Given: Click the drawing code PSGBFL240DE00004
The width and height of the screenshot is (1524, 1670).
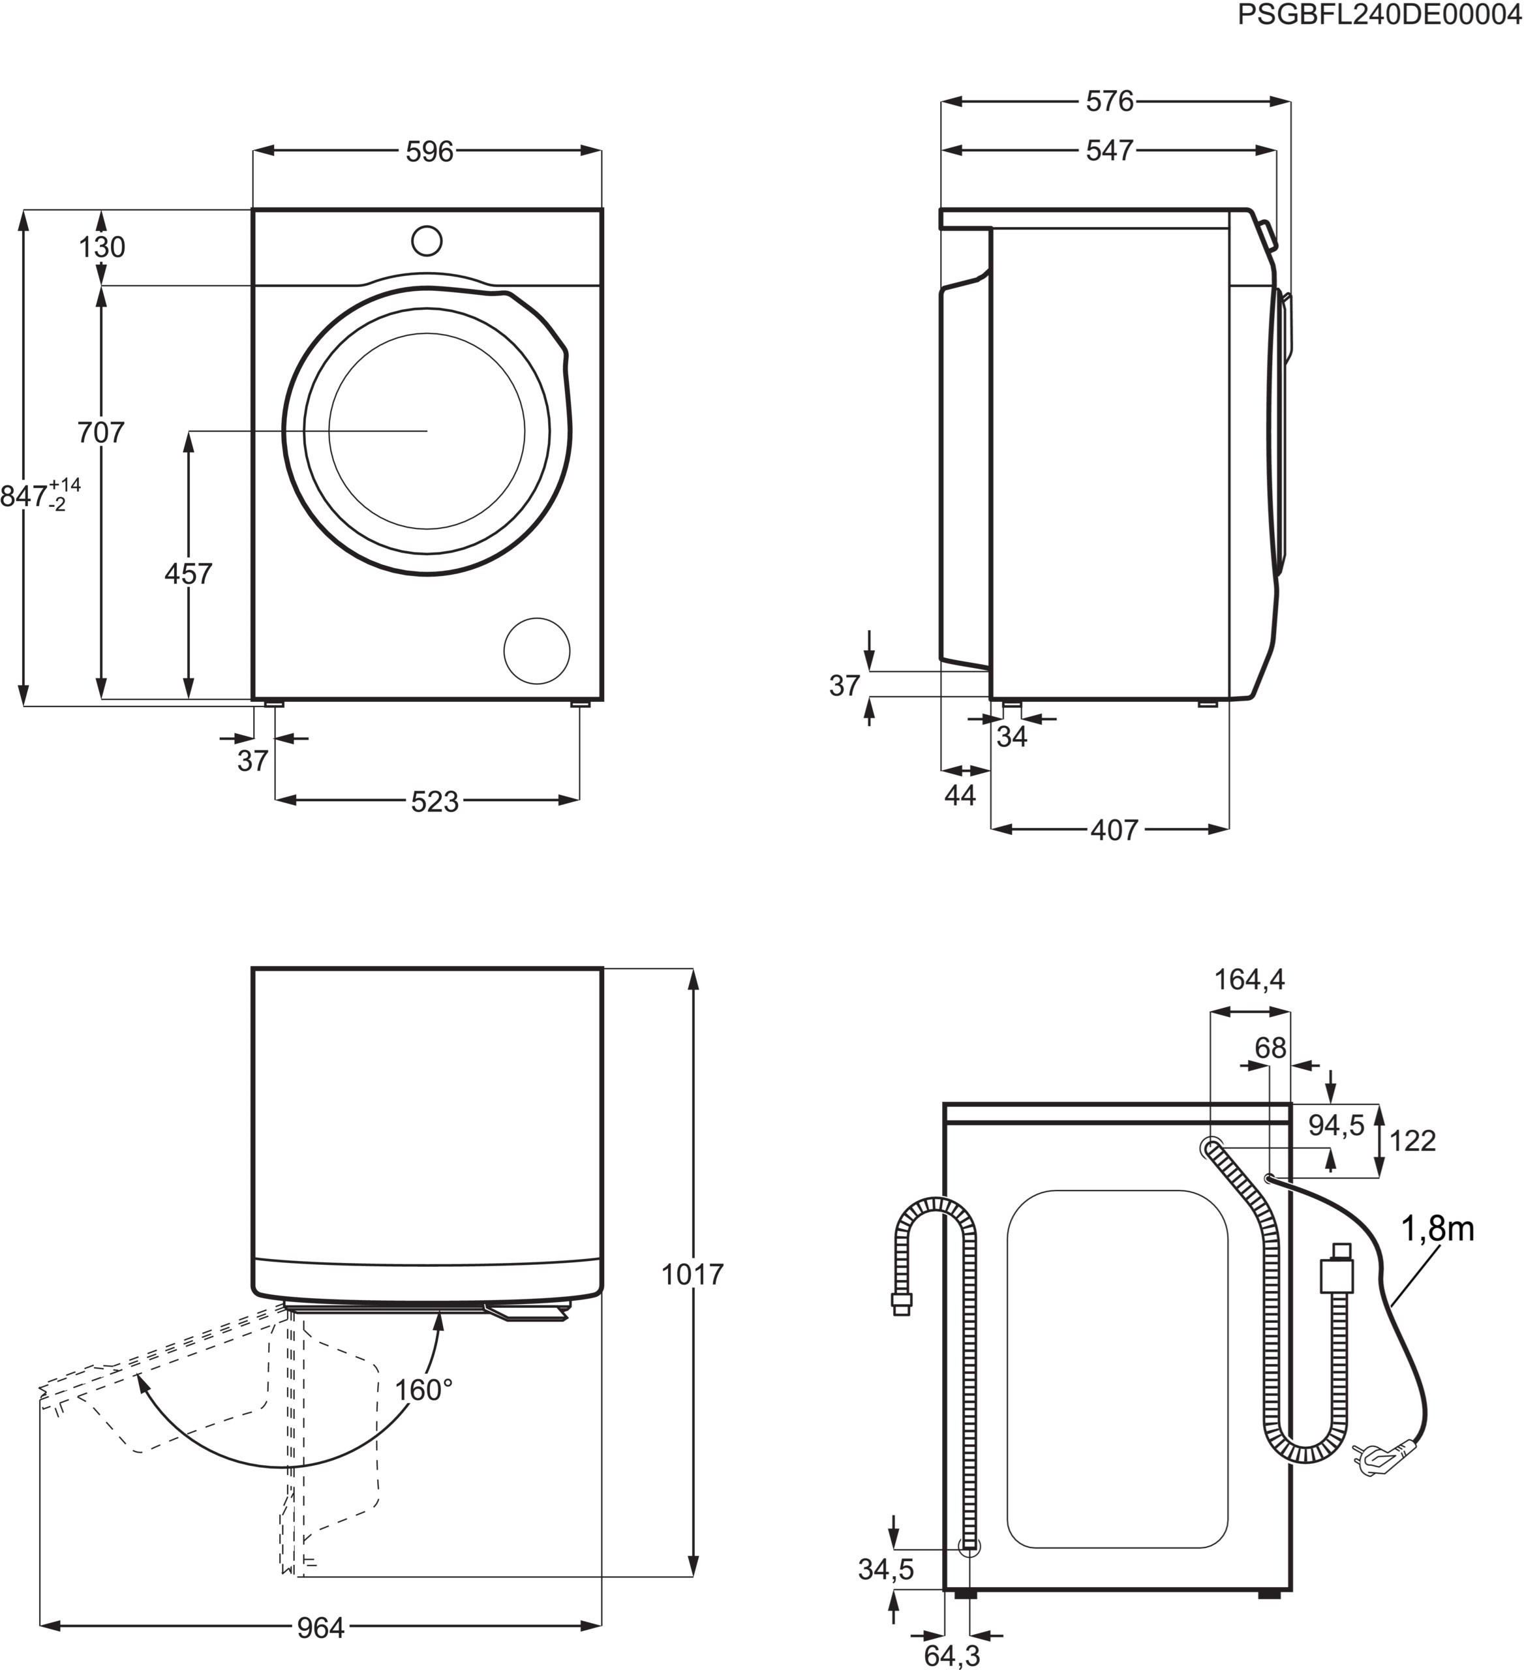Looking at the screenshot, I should [x=1379, y=16].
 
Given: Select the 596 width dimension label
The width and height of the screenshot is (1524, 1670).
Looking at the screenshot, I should [x=429, y=151].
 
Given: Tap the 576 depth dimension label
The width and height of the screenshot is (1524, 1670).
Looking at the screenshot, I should [x=1109, y=101].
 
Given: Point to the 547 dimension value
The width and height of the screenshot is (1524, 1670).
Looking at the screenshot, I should [x=1109, y=150].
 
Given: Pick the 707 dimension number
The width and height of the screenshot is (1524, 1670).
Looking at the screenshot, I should [x=100, y=433].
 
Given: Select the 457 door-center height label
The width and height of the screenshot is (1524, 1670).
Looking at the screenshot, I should [x=188, y=573].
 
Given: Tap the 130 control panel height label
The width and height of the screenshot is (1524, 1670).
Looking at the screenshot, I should [x=102, y=247].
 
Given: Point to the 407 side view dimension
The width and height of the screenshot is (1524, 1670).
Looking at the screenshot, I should [x=1114, y=829].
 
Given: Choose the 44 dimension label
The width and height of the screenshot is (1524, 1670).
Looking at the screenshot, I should [x=960, y=795].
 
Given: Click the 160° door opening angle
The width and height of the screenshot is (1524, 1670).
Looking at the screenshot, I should [x=423, y=1389].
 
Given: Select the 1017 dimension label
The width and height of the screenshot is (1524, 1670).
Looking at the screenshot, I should [x=692, y=1274].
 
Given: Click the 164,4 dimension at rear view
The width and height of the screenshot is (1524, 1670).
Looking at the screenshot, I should [x=1249, y=980].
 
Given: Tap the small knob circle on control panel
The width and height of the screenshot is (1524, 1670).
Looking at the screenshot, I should [x=427, y=241].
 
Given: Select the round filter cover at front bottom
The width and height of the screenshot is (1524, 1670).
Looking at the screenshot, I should [x=537, y=650].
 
